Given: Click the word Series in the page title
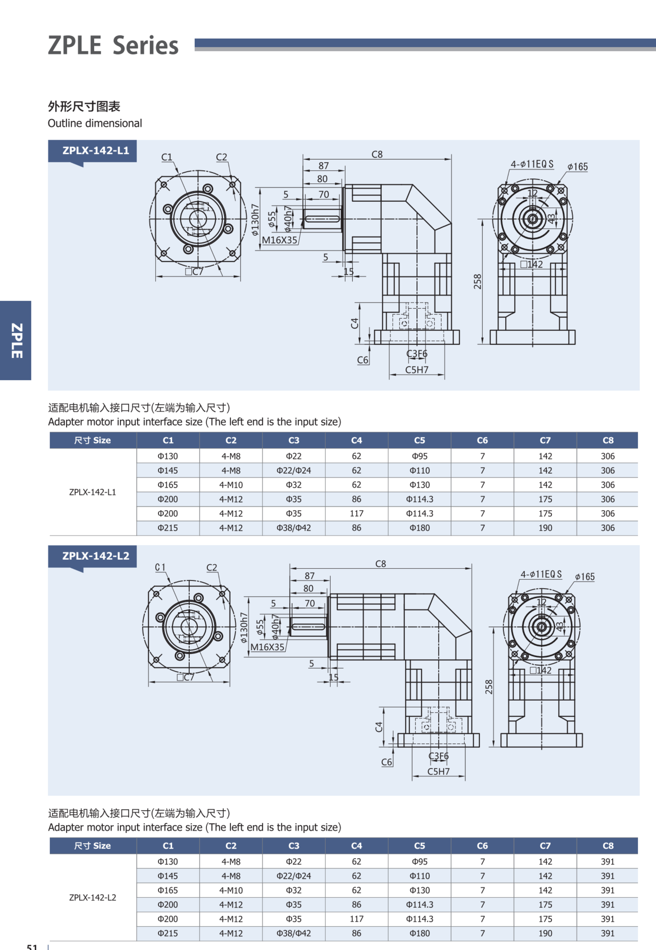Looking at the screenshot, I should click(146, 46).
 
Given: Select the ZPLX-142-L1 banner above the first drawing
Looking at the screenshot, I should click(95, 151).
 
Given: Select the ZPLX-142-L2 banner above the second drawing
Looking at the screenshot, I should click(95, 556).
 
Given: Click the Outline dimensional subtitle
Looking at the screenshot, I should click(95, 123).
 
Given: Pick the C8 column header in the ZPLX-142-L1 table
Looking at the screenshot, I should click(607, 440).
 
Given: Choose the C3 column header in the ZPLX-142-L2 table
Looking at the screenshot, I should click(293, 846).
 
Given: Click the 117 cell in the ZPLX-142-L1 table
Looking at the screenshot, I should click(356, 514).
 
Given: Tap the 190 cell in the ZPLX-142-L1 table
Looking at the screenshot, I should click(545, 528).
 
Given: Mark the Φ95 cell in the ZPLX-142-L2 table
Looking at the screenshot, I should click(419, 862).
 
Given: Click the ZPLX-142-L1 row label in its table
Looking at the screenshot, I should click(93, 492).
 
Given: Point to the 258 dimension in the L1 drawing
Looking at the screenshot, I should click(477, 281).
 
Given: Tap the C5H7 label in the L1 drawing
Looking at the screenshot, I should click(416, 370).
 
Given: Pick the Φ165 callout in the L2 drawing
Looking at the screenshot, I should click(585, 577).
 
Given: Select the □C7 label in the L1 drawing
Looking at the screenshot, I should click(194, 271).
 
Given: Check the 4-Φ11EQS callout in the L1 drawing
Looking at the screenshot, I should click(532, 164).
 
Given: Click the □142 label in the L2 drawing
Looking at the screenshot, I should click(541, 670).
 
